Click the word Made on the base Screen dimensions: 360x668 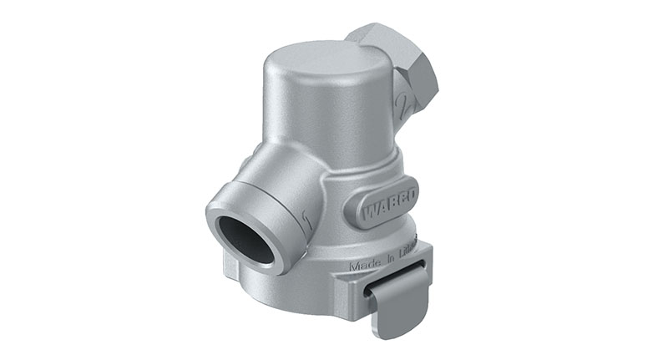coord(367,266)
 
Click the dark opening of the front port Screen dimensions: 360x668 coord(245,241)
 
